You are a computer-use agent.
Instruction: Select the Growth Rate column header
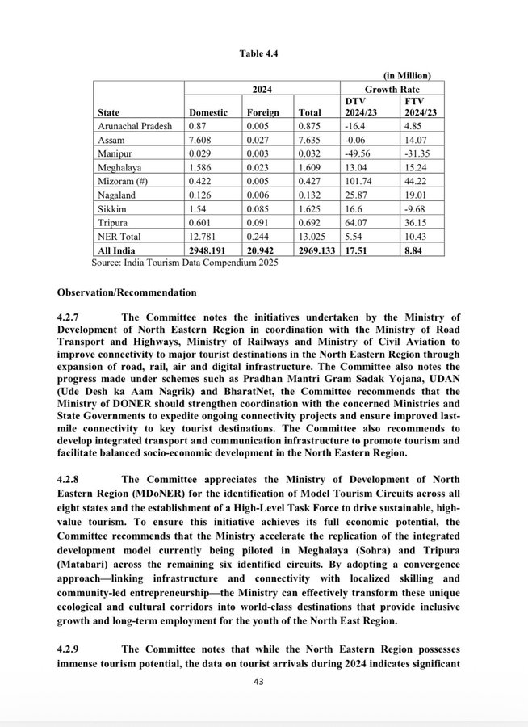[392, 88]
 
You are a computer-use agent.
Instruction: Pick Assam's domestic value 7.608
[200, 140]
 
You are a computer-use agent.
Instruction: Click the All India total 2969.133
[315, 251]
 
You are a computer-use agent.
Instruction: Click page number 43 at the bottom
[258, 681]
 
